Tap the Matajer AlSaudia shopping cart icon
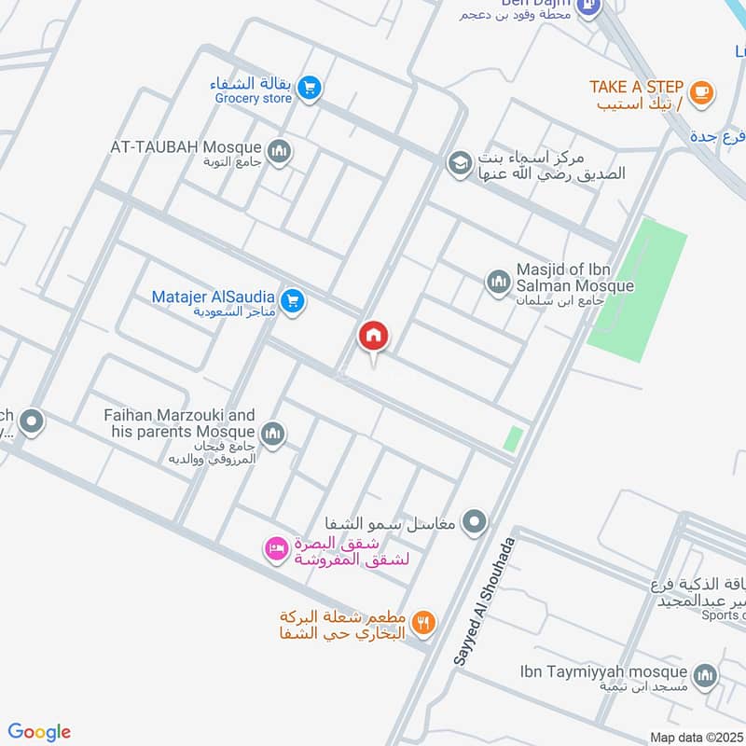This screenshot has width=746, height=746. click(293, 301)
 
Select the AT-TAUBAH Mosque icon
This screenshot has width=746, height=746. click(278, 150)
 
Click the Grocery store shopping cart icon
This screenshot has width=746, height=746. click(311, 88)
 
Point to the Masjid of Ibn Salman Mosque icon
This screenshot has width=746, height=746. click(499, 281)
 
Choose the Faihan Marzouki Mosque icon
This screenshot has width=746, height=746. click(273, 433)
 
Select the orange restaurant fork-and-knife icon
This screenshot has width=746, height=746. click(424, 622)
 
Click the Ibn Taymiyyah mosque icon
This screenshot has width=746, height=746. click(705, 674)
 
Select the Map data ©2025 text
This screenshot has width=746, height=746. click(696, 737)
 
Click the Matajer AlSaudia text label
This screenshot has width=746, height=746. click(214, 297)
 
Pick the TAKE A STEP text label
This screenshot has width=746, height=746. click(636, 87)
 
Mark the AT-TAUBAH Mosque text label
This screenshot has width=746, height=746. click(186, 147)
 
